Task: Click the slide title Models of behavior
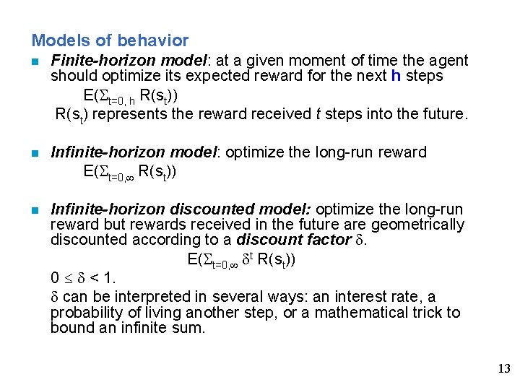(110, 40)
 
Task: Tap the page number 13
(504, 369)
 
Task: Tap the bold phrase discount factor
(292, 240)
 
